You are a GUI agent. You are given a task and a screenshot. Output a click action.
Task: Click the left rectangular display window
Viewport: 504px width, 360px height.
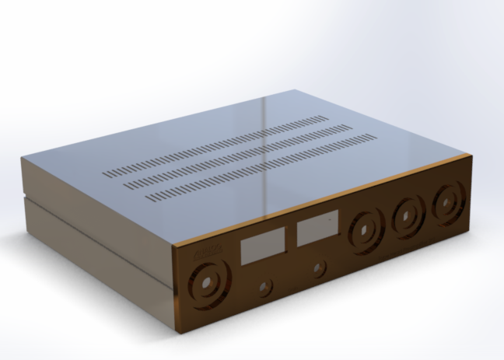point(260,249)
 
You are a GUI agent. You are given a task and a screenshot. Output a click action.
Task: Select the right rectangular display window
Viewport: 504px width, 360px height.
point(316,229)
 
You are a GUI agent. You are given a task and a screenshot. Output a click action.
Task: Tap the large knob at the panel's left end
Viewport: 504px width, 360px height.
point(206,283)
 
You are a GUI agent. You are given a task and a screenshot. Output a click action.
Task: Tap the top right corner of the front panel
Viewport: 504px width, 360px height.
point(469,156)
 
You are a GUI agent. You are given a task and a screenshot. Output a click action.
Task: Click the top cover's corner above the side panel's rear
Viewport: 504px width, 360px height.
point(23,159)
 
